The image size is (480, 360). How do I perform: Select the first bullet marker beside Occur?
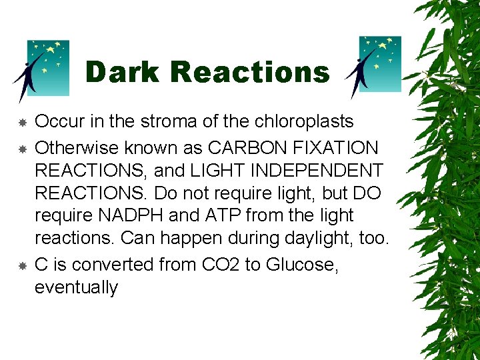coord(22,123)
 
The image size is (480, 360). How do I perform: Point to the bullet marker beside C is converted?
coord(22,265)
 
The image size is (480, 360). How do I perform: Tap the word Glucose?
coord(301,265)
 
